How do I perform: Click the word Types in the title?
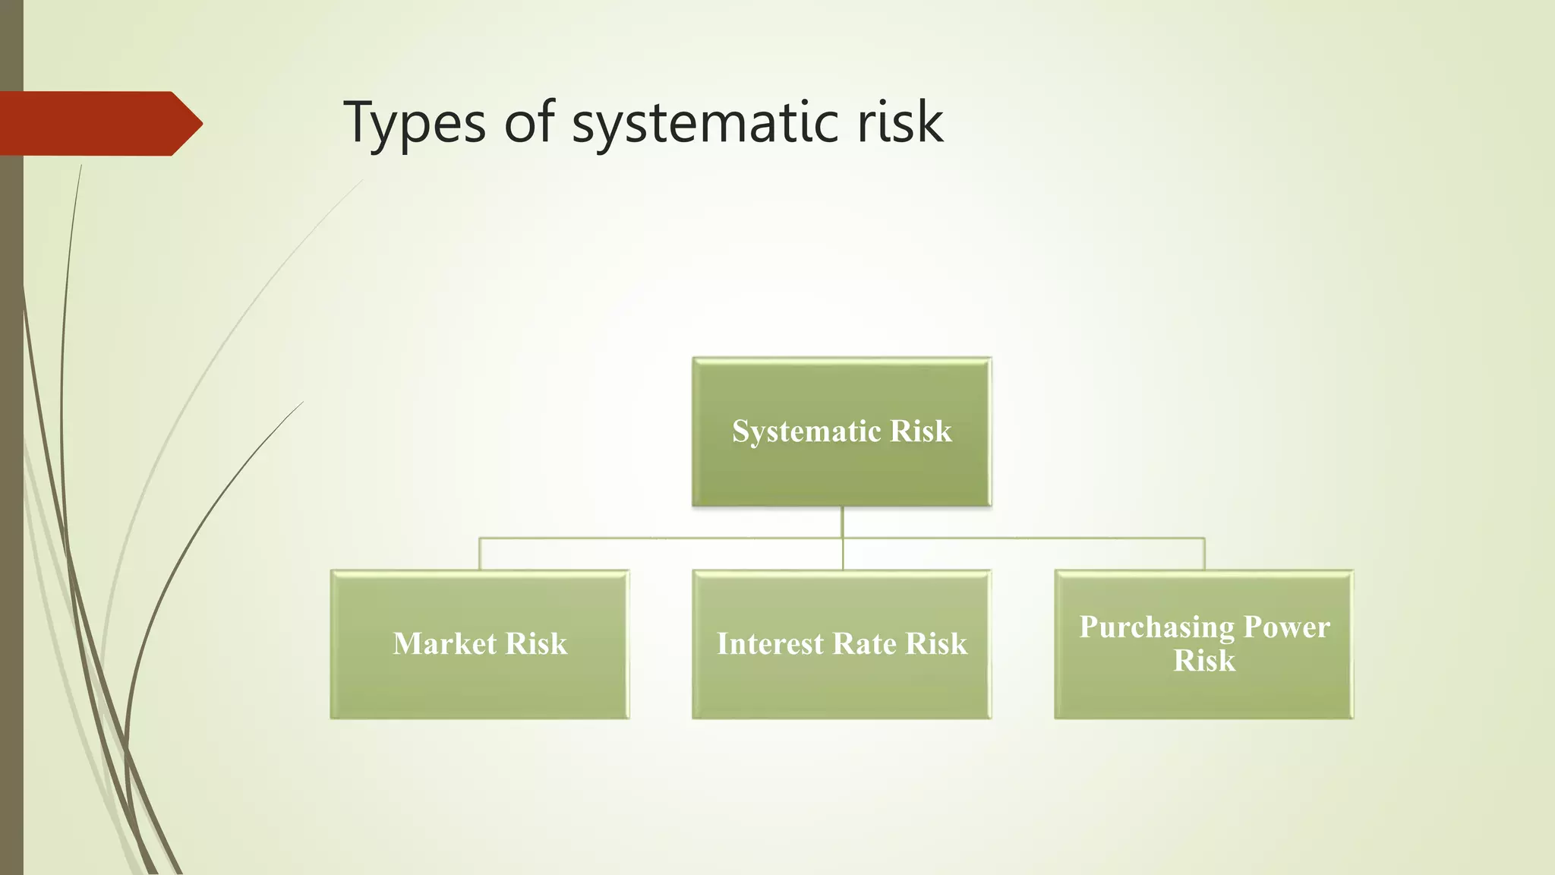point(414,123)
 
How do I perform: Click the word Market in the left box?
point(444,643)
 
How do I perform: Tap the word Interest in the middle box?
point(770,643)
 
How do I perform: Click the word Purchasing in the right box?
point(1156,627)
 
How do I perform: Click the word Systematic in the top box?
point(806,431)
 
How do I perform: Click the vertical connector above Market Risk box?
point(479,554)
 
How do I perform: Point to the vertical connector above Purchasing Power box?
point(1204,554)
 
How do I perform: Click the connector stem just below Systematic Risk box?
point(842,522)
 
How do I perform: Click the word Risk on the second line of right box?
point(1204,660)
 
